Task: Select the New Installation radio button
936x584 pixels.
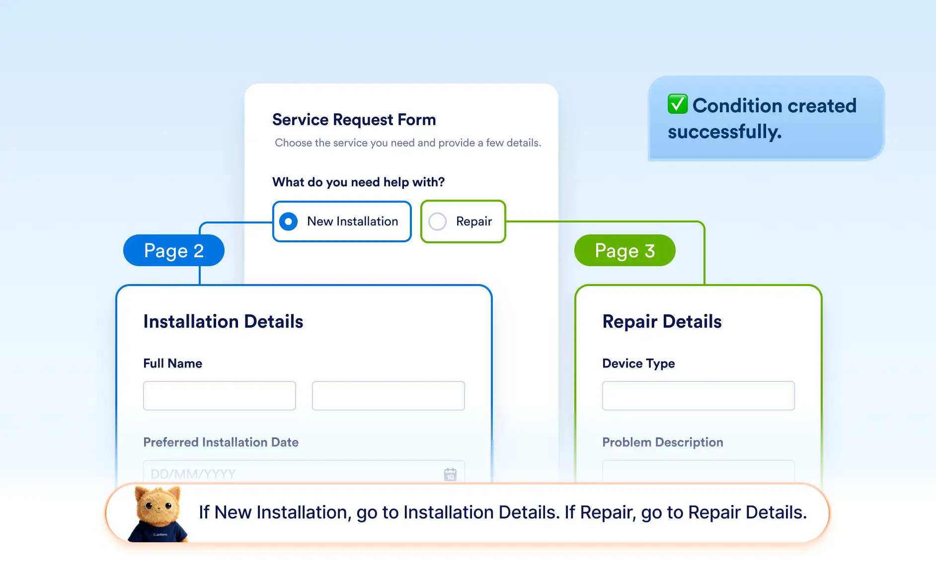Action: pos(289,221)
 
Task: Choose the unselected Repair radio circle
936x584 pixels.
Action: pos(438,221)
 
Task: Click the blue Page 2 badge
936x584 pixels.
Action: pos(174,250)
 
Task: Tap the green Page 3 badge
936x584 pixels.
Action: pos(625,250)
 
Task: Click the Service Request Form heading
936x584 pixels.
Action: pos(354,120)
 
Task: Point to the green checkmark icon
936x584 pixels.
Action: pos(678,104)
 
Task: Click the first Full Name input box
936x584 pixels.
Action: pos(220,396)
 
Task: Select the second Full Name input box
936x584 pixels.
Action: pos(389,396)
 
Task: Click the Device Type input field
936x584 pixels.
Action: pos(699,396)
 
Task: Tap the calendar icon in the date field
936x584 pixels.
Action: pos(450,474)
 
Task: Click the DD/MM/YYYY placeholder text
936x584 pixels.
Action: pos(193,474)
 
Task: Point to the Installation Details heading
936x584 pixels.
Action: pos(223,322)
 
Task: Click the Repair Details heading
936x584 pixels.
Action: pos(662,322)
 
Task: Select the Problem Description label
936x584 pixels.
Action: pos(663,442)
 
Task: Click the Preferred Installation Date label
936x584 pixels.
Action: pos(221,442)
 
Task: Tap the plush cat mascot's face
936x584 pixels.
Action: pos(158,506)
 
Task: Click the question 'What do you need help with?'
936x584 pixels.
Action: pos(358,182)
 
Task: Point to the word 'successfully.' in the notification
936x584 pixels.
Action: pos(724,132)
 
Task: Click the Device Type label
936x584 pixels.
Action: pos(638,364)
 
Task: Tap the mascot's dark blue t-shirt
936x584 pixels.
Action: pos(158,532)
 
